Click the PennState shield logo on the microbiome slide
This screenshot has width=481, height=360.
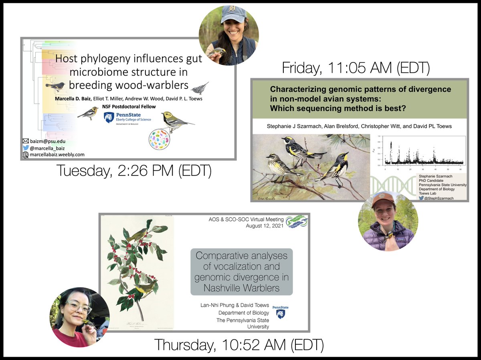click(x=109, y=117)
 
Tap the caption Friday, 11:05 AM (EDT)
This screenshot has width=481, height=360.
click(x=356, y=68)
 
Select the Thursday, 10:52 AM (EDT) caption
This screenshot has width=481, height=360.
click(x=239, y=344)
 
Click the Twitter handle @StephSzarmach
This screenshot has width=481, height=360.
click(x=440, y=197)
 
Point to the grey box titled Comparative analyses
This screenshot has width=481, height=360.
click(x=241, y=272)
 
